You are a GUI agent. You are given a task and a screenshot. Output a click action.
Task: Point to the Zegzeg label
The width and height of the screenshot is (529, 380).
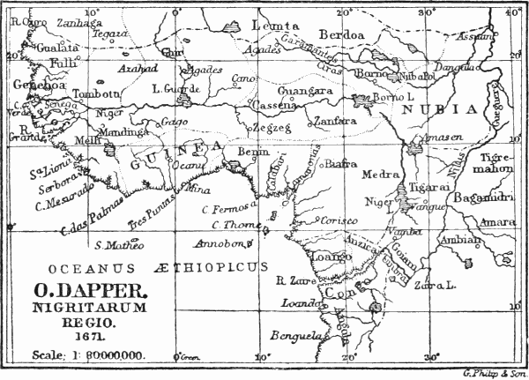pos(266,128)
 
